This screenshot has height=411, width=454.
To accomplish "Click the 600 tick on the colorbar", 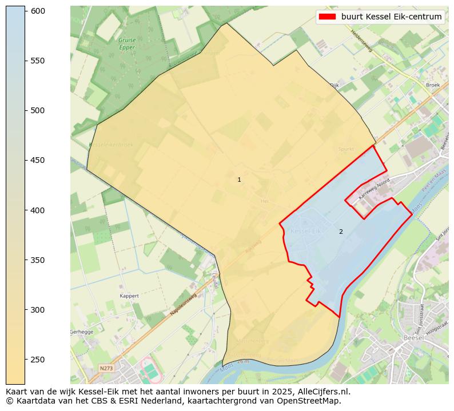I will click(25, 11).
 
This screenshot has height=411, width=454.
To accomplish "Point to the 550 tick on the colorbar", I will click(25, 61).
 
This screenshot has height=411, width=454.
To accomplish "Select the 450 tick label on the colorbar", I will click(37, 161).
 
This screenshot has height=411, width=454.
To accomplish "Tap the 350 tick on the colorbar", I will click(25, 260).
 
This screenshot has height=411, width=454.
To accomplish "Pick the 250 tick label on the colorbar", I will click(37, 360).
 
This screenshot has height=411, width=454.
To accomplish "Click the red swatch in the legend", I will click(328, 17).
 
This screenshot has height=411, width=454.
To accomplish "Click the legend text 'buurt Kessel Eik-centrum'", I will click(391, 17).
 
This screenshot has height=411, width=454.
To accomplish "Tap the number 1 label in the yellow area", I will click(239, 179).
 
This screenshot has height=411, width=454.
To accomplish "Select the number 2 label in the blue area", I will click(341, 232).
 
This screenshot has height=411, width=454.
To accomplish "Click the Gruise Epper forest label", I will click(127, 44).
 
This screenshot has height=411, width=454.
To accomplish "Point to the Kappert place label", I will click(129, 296).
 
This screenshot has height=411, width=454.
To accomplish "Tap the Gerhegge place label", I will click(81, 332).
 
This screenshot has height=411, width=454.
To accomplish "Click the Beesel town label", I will click(413, 338).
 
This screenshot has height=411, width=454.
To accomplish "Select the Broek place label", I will click(433, 85).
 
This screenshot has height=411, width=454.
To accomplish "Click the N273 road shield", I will click(106, 368).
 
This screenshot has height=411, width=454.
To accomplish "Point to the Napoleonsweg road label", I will click(182, 306).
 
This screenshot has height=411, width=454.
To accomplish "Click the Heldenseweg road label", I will click(361, 41).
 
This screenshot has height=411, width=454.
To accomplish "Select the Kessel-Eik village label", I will click(306, 231).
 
